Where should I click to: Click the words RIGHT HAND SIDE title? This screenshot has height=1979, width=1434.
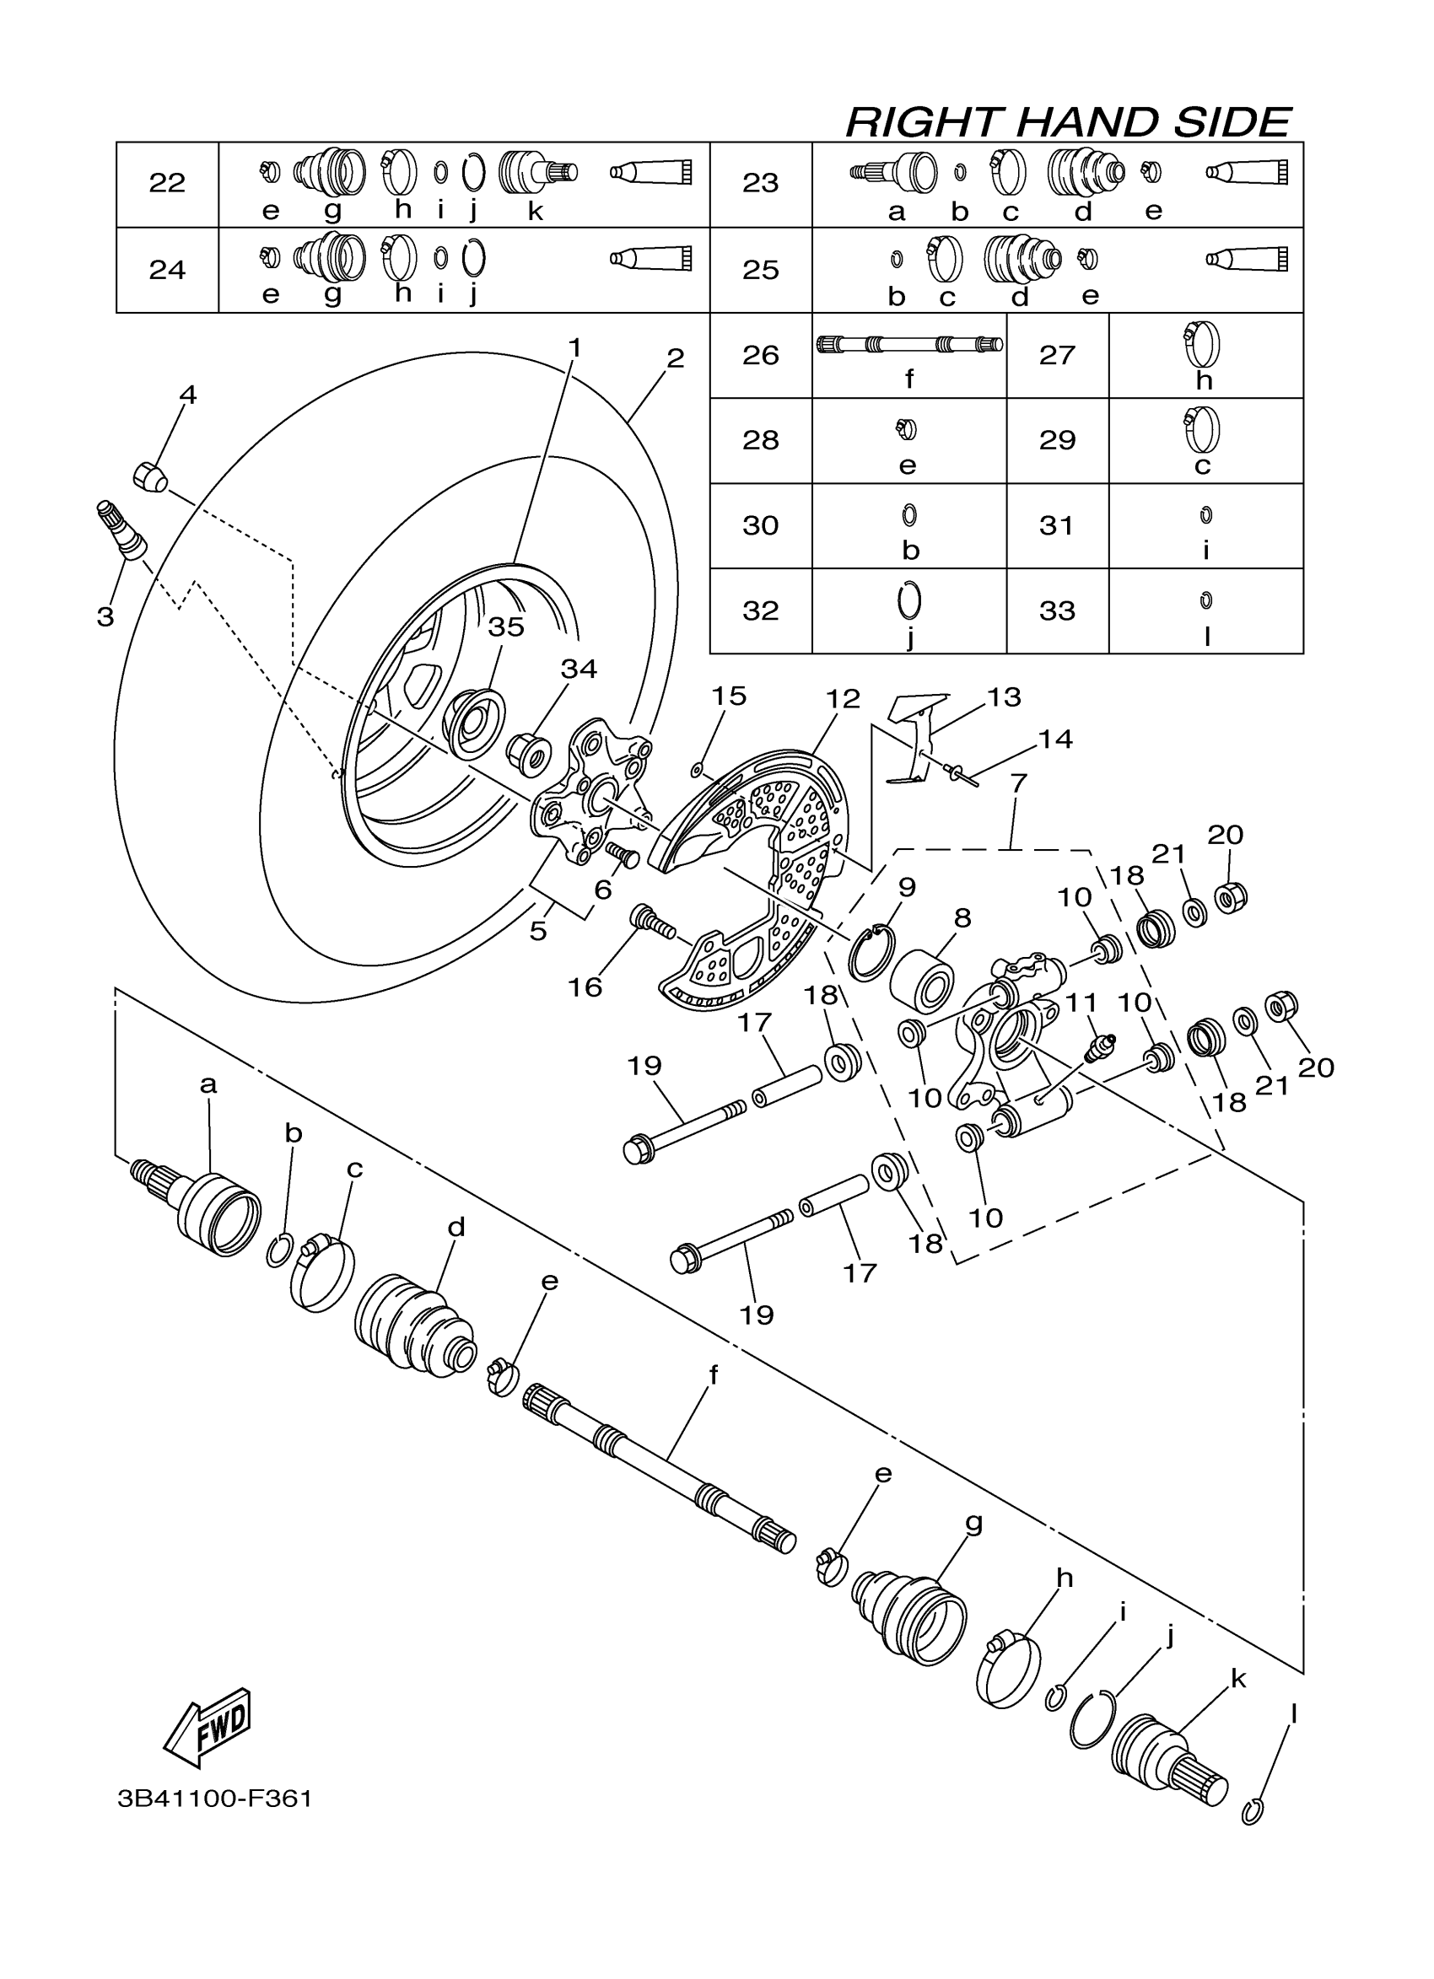[1067, 122]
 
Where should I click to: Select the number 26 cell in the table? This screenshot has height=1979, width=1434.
[760, 355]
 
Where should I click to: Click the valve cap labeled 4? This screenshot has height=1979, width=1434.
[150, 477]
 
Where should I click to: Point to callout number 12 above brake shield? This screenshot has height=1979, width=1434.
[844, 699]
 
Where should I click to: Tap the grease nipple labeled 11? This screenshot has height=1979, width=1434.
[1101, 1046]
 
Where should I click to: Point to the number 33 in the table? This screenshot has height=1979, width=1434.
[1056, 610]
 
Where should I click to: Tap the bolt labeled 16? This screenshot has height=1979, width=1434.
[651, 921]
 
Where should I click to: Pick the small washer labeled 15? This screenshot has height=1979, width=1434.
[697, 769]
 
